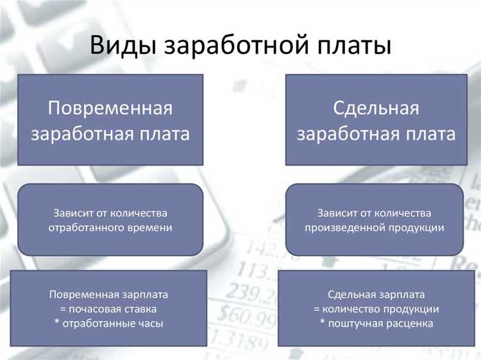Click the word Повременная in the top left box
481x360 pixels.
coord(110,108)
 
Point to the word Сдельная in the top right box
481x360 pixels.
coord(376,108)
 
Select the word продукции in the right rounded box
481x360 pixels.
coord(414,227)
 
